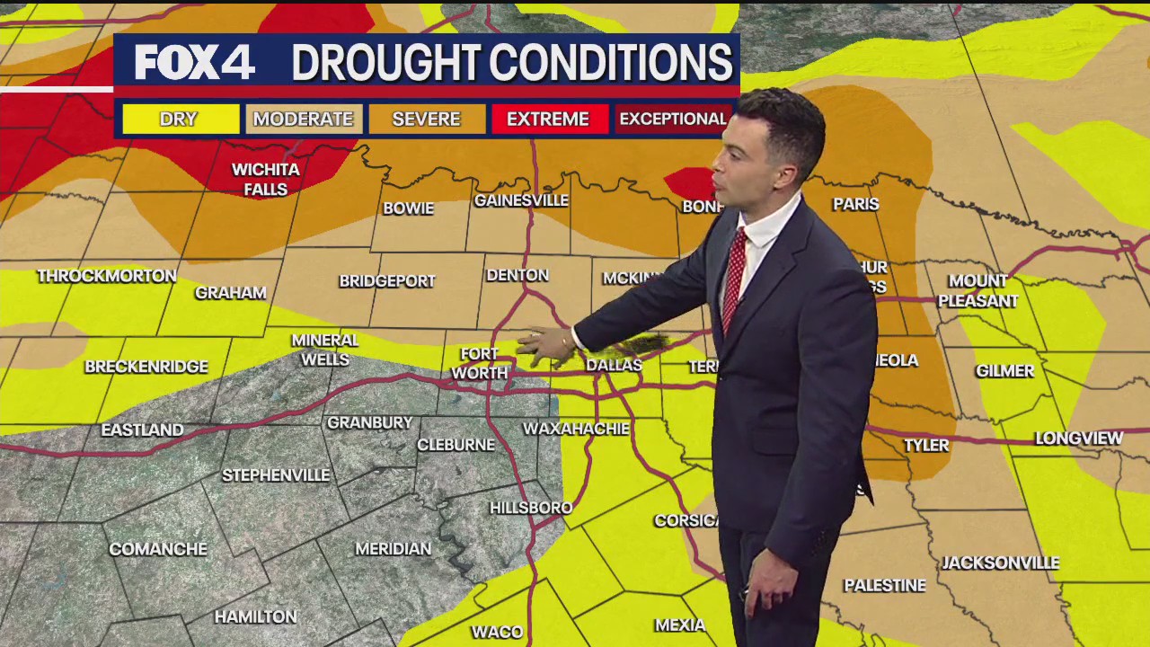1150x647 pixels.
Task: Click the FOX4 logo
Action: tap(194, 62)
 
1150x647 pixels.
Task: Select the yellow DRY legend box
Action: tap(180, 119)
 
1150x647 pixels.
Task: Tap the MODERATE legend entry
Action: tap(304, 119)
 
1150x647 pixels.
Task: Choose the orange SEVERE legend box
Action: tap(426, 119)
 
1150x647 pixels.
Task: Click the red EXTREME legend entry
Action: tap(547, 119)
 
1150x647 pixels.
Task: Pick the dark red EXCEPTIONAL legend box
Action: tap(672, 119)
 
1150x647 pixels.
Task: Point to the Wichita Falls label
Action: tap(265, 179)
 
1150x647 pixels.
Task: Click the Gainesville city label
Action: tap(521, 199)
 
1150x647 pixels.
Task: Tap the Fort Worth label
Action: tap(479, 364)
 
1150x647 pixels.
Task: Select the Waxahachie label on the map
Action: tap(576, 429)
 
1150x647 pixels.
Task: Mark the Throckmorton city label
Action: tap(107, 276)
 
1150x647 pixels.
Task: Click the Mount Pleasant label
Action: tap(978, 291)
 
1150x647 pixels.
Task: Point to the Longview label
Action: tap(1078, 439)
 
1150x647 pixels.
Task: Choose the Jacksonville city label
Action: tap(1000, 563)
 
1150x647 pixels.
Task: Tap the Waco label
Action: tap(497, 632)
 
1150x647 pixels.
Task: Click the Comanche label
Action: tap(158, 549)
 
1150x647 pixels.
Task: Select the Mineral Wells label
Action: tap(324, 350)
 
